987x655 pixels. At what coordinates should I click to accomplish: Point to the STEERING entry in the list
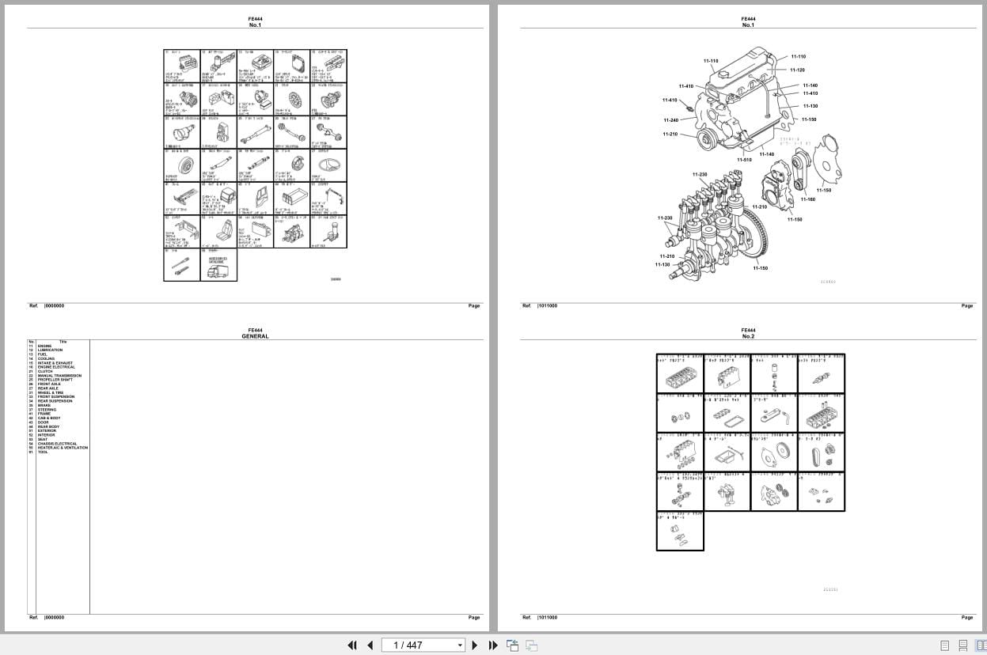point(47,410)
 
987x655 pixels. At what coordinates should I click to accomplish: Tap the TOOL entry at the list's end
point(43,452)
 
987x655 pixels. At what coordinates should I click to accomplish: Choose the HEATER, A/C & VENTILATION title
point(63,448)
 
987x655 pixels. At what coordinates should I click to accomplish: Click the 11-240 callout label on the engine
point(670,120)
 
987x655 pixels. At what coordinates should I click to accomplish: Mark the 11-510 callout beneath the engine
point(744,160)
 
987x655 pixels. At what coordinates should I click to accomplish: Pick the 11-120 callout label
point(798,70)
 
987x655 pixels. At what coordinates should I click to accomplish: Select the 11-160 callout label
point(807,199)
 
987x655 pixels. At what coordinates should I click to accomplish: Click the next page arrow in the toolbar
point(475,645)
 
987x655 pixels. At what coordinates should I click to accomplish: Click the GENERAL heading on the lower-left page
point(255,336)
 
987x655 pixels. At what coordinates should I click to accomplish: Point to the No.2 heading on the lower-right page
point(748,336)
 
